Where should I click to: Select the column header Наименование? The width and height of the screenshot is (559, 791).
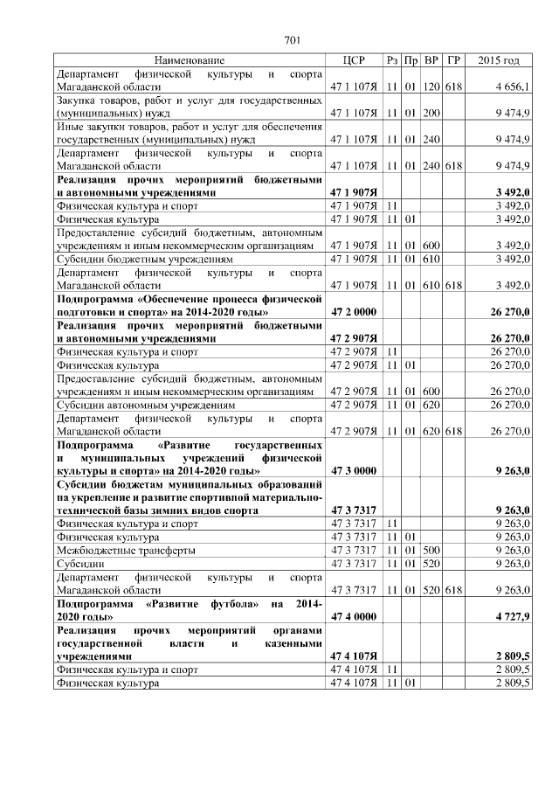coord(190,60)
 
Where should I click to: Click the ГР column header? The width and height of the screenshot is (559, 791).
coord(452,60)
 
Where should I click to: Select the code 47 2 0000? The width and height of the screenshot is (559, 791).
coord(353,310)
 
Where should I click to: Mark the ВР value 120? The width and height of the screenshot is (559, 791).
coord(431,87)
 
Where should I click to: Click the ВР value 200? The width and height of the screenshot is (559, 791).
coord(431,114)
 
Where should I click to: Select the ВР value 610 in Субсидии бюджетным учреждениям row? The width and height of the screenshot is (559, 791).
coord(431,260)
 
